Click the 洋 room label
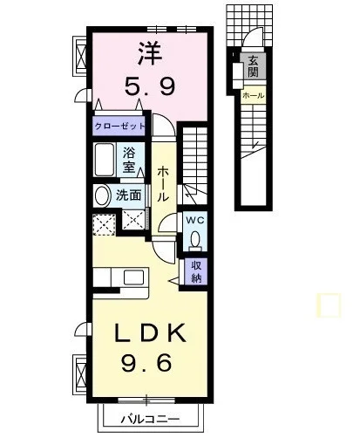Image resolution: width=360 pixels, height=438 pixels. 150,54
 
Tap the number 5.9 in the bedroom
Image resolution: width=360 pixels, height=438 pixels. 150,86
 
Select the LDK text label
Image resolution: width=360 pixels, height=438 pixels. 150,333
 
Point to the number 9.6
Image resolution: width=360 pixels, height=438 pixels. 146,362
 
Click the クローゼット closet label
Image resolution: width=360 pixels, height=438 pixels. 119,127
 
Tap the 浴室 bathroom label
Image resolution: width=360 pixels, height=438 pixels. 129,160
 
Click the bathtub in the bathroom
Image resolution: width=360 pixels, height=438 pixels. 104,159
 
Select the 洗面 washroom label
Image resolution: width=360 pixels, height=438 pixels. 128,195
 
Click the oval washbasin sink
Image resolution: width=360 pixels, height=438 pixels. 102,195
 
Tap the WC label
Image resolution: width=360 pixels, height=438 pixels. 195,220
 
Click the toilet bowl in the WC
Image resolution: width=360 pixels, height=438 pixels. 195,240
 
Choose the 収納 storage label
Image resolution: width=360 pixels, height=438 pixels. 196,271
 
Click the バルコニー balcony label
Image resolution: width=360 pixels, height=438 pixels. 150,419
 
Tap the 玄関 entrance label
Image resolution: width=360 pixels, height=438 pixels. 253,66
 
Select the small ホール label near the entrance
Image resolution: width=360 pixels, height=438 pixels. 253,95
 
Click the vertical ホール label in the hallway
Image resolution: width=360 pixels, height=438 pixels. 163,184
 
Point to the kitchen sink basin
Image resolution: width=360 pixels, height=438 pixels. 133,277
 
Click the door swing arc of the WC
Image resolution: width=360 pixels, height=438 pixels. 166,221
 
